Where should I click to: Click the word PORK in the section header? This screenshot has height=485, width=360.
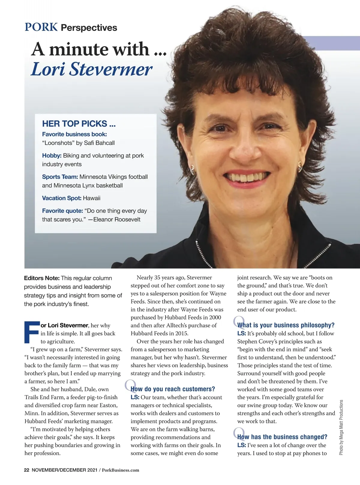pyautogui.click(x=41, y=27)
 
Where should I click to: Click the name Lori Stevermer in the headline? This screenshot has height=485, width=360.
pyautogui.click(x=92, y=69)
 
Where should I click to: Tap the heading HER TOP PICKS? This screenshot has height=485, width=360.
pyautogui.click(x=79, y=123)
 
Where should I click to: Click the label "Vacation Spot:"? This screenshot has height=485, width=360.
pyautogui.click(x=61, y=198)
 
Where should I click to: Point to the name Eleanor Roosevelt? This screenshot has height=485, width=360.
pyautogui.click(x=117, y=219)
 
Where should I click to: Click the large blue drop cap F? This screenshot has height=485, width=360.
pyautogui.click(x=31, y=332)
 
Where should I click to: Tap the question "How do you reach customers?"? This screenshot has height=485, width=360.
pyautogui.click(x=173, y=389)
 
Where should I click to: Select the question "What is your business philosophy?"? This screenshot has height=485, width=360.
pyautogui.click(x=286, y=325)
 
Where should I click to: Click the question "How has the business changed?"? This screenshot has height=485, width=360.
pyautogui.click(x=282, y=437)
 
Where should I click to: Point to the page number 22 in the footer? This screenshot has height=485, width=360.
pyautogui.click(x=27, y=470)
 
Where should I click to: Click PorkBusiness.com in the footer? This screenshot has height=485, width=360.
pyautogui.click(x=121, y=470)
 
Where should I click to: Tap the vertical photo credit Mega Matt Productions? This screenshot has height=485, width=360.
pyautogui.click(x=341, y=427)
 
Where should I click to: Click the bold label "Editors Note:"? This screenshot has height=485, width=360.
pyautogui.click(x=42, y=278)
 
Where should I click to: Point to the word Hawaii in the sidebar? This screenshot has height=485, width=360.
pyautogui.click(x=91, y=198)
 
